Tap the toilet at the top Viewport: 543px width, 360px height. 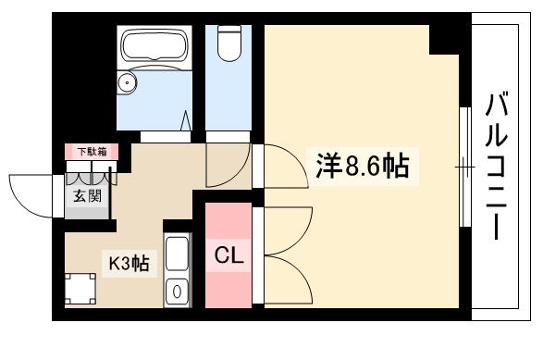point(227,41)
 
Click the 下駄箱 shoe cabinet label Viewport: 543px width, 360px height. point(90,151)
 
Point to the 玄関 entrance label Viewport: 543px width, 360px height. point(89,196)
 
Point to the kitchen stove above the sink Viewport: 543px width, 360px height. point(176,255)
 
